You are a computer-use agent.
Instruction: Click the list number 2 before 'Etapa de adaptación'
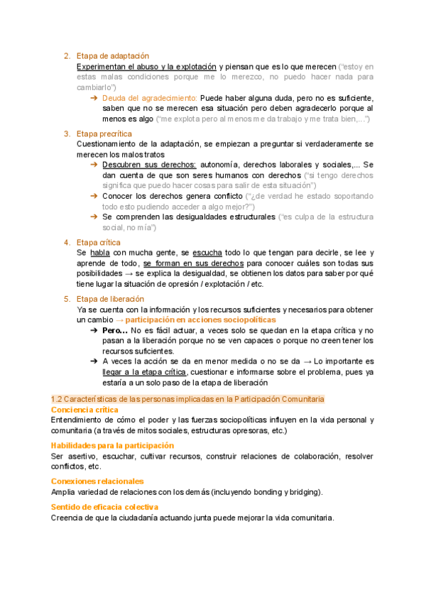pos(67,55)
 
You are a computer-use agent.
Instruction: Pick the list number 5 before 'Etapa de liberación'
pos(67,299)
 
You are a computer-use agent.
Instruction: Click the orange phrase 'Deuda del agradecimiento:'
pos(149,98)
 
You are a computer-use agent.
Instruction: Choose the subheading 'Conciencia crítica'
pos(84,410)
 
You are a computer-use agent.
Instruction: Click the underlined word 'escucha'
pos(207,253)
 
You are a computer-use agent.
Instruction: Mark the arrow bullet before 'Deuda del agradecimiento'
pos(94,98)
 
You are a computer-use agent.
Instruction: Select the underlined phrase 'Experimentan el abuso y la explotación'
pos(146,66)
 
